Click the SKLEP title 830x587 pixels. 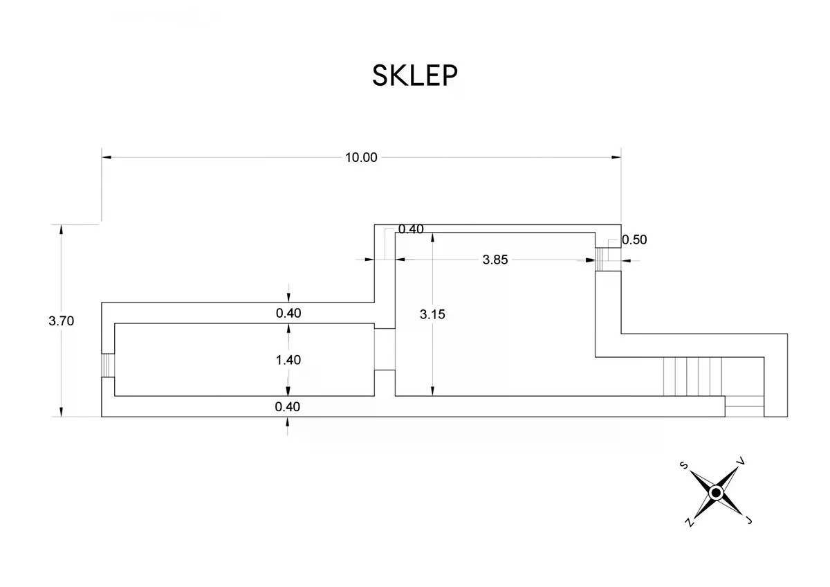pos(414,75)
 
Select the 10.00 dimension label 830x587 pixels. pos(361,158)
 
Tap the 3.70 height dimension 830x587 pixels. pos(61,320)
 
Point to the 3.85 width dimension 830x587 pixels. pos(495,260)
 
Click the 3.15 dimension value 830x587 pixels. pos(432,314)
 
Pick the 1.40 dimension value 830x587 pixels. pos(288,360)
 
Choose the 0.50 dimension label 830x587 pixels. pos(634,240)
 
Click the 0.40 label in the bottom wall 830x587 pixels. pos(288,407)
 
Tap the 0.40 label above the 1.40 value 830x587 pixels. pos(288,313)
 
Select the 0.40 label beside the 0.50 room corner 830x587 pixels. pos(411,229)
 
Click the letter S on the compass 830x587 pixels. pos(684,465)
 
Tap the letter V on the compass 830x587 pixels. pos(741,461)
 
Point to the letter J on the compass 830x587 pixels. pos(749,521)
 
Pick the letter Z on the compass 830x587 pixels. pos(689,523)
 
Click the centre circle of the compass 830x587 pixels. pos(717,493)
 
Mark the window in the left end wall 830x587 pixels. pos(108,365)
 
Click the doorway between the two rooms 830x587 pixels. pos(385,350)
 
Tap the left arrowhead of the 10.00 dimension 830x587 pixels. pos(107,157)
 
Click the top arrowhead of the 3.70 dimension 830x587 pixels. pos(61,229)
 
